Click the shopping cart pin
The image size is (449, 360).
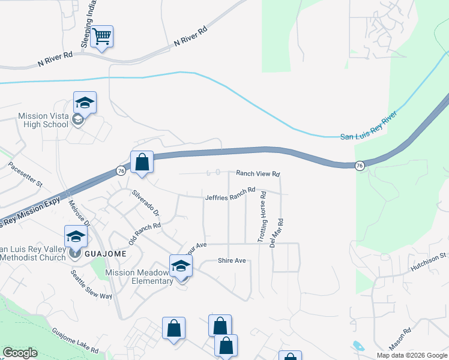click(x=102, y=37)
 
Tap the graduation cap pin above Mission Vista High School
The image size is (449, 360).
click(x=85, y=103)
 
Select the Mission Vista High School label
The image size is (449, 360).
click(x=43, y=120)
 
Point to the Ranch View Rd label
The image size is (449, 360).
click(x=258, y=173)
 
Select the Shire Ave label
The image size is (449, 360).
click(x=232, y=260)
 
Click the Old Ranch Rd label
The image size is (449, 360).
click(x=145, y=234)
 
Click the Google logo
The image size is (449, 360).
click(x=20, y=353)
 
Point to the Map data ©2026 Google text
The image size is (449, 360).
click(x=411, y=355)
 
